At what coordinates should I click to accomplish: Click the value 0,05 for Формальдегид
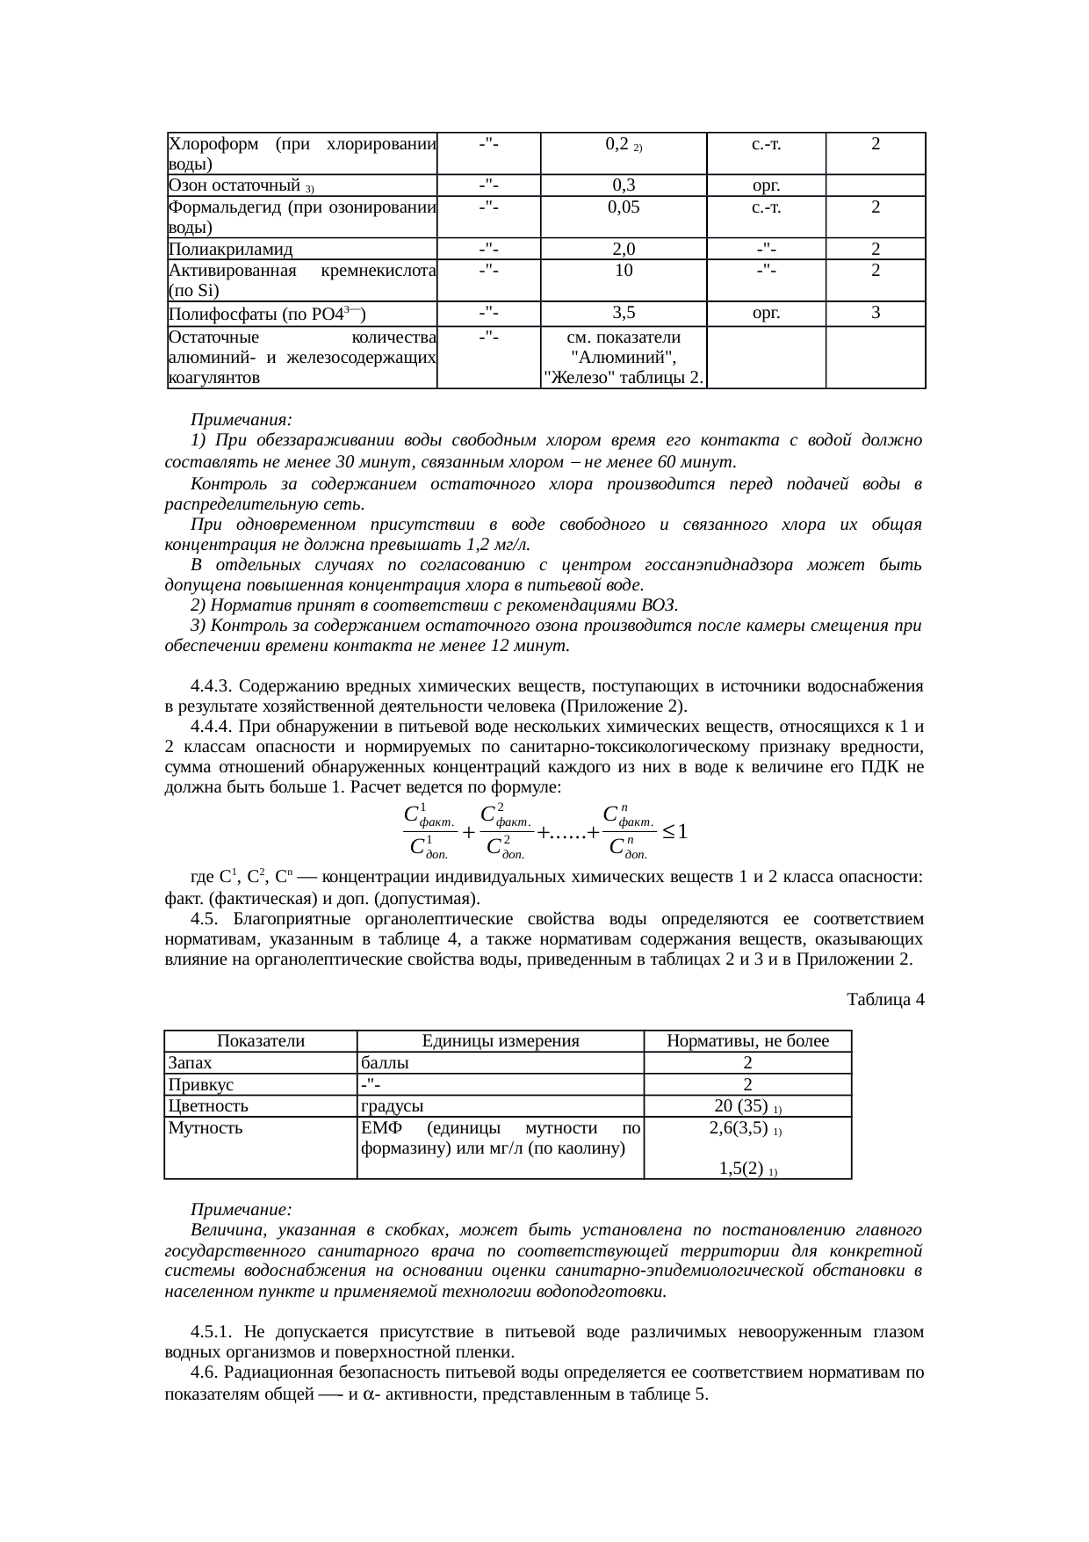pos(624,206)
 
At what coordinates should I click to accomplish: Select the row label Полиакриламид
pos(231,250)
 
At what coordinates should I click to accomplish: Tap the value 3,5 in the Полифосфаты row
pos(624,312)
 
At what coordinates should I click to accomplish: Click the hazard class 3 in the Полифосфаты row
pos(876,312)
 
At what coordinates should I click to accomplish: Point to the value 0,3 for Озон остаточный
pos(624,185)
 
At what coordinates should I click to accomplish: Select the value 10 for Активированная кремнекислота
pos(624,271)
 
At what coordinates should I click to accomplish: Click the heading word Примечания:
pos(242,420)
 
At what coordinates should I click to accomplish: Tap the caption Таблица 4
pos(884,999)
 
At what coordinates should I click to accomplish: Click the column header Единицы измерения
pos(501,1041)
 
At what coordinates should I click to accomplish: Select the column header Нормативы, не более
pos(747,1041)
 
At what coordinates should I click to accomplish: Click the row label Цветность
pos(208,1105)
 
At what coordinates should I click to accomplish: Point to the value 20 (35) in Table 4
pos(742,1105)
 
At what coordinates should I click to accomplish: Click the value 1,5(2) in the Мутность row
pos(739,1169)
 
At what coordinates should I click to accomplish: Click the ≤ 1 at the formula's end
pos(675,830)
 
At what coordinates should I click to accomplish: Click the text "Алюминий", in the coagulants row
pos(624,358)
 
